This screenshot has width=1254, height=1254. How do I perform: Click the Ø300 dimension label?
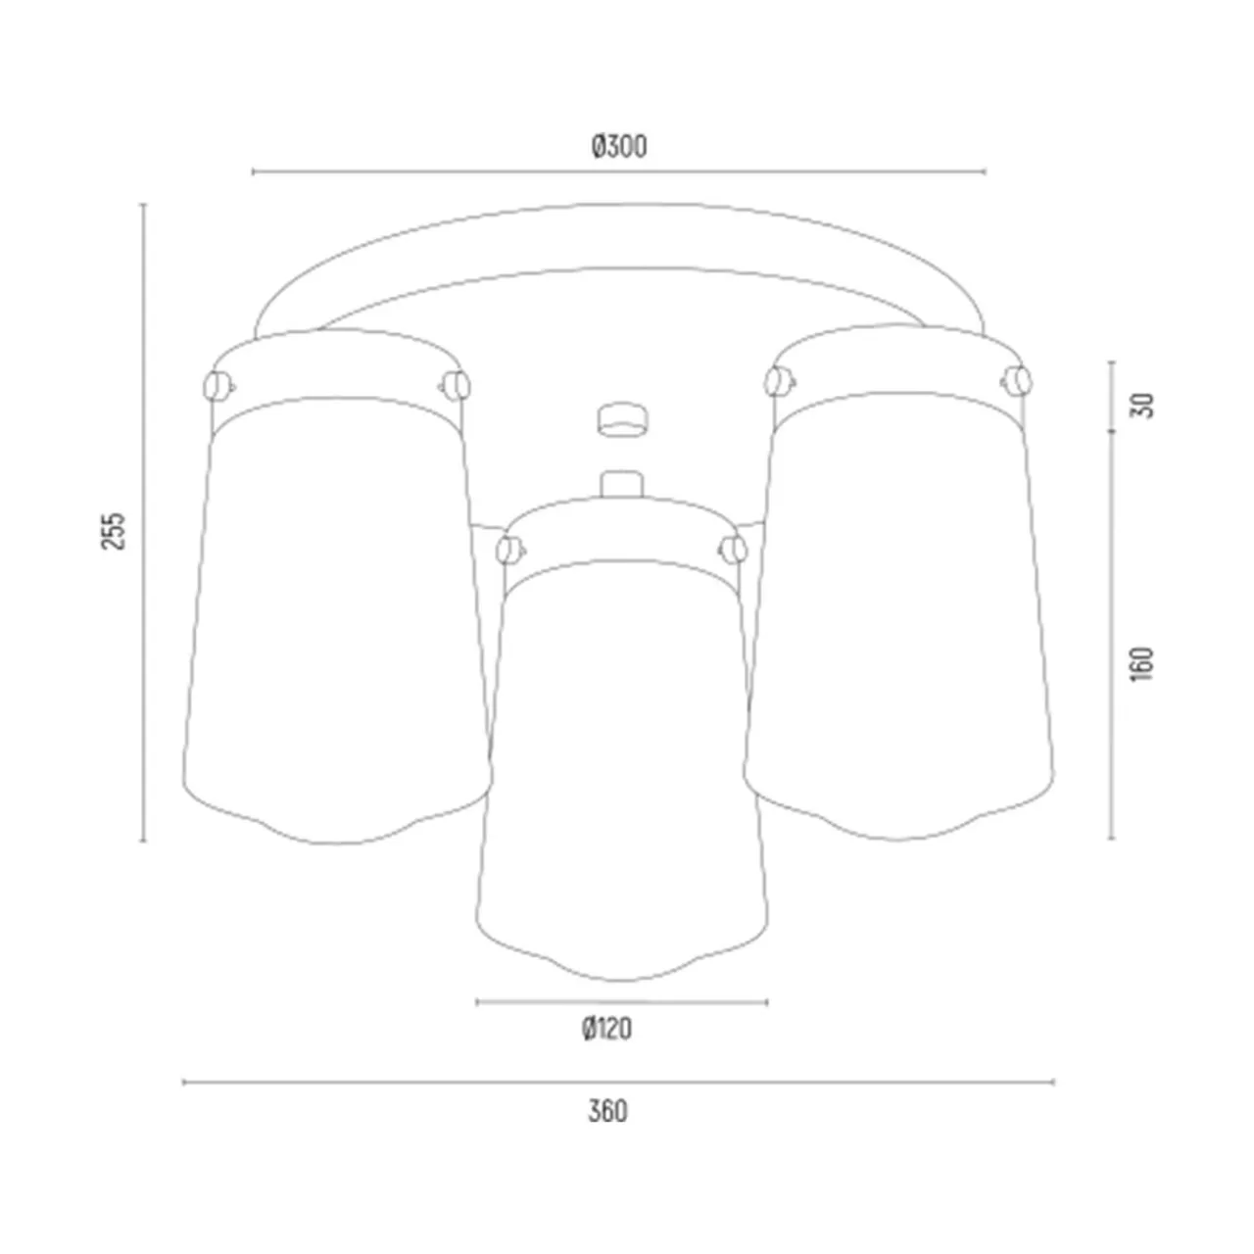point(619,146)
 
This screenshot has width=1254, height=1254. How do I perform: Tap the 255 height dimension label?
point(114,530)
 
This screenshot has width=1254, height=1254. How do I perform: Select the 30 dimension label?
point(1143,405)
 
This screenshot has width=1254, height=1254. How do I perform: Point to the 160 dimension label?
point(1142,664)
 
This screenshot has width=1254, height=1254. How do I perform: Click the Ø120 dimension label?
point(606,1029)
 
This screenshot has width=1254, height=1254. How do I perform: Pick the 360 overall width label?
point(607,1112)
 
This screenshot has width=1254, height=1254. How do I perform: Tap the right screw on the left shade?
point(456,385)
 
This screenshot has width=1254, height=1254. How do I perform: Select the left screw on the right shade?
point(778,381)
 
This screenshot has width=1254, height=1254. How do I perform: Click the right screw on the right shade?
point(1016,381)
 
